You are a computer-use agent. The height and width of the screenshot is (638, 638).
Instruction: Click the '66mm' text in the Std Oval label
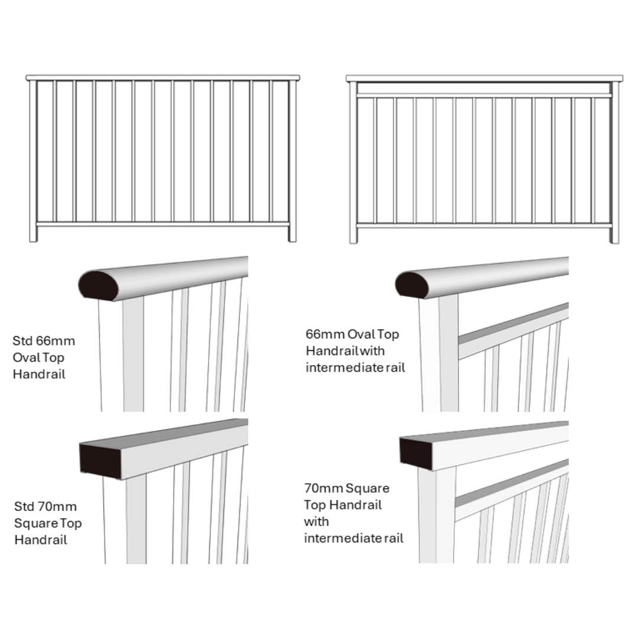tap(56, 341)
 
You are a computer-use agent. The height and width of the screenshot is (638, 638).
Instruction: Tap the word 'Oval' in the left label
tap(24, 357)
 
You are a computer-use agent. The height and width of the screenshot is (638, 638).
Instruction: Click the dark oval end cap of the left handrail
tap(98, 286)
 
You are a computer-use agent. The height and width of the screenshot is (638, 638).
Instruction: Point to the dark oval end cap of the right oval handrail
tap(412, 285)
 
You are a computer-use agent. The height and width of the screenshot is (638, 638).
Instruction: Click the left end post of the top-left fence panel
tap(33, 159)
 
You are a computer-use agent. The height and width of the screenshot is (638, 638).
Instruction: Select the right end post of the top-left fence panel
tap(292, 159)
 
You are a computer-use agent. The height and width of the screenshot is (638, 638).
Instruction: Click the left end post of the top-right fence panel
tap(353, 162)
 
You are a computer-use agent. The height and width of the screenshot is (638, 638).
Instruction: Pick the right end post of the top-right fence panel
tap(614, 162)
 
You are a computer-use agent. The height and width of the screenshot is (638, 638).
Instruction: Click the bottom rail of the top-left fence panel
tap(162, 224)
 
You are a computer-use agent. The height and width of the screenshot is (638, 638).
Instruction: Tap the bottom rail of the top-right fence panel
tap(483, 225)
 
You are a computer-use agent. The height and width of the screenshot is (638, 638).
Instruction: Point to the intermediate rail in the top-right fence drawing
tap(483, 95)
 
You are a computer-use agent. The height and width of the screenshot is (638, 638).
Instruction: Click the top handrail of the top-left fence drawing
tap(162, 77)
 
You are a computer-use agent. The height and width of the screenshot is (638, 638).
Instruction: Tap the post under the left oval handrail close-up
tap(133, 354)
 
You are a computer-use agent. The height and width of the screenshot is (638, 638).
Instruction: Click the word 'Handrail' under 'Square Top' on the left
tap(41, 539)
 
